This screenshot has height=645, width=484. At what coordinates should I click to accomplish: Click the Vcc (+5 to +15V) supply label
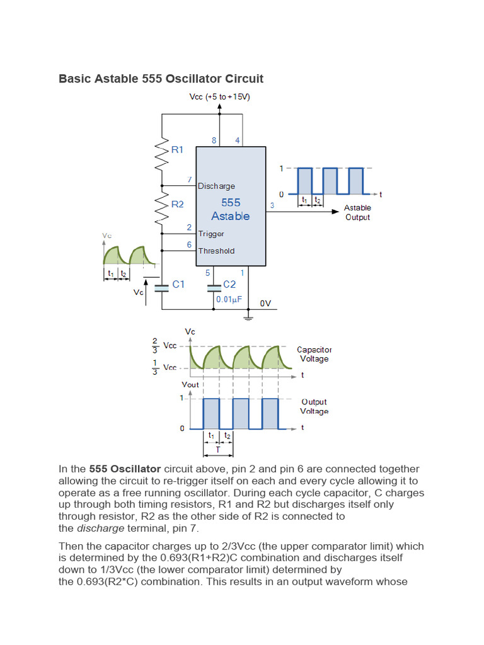pos(219,96)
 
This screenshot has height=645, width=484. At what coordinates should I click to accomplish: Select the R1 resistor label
pos(178,150)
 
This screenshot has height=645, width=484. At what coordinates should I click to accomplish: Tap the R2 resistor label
pos(178,204)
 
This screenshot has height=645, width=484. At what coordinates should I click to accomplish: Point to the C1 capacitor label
pos(179,285)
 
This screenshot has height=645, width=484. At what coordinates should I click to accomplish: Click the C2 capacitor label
pos(229,285)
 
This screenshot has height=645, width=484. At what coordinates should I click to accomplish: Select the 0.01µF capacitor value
pos(229,299)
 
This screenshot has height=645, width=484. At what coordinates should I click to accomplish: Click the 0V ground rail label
pos(266,303)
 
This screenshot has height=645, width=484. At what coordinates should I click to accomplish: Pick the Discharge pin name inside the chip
pos(217,186)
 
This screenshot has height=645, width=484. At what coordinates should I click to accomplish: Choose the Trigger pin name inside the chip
pos(211,234)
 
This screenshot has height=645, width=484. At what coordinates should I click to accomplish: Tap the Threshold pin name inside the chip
pos(216,251)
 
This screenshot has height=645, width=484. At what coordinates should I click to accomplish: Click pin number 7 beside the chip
pos(189,180)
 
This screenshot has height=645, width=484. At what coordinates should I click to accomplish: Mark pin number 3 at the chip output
pos(272,205)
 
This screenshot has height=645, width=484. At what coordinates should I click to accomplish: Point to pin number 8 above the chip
pos(214,140)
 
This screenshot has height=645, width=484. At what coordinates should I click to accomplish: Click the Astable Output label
pos(357,212)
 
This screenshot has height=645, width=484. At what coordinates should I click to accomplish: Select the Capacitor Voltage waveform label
pos(314,354)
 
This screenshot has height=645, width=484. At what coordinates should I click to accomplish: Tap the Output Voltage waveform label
pos(314,406)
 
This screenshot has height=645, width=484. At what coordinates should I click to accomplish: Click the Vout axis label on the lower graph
pos(190,384)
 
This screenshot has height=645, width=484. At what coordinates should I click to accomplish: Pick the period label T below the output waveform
pos(218,450)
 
